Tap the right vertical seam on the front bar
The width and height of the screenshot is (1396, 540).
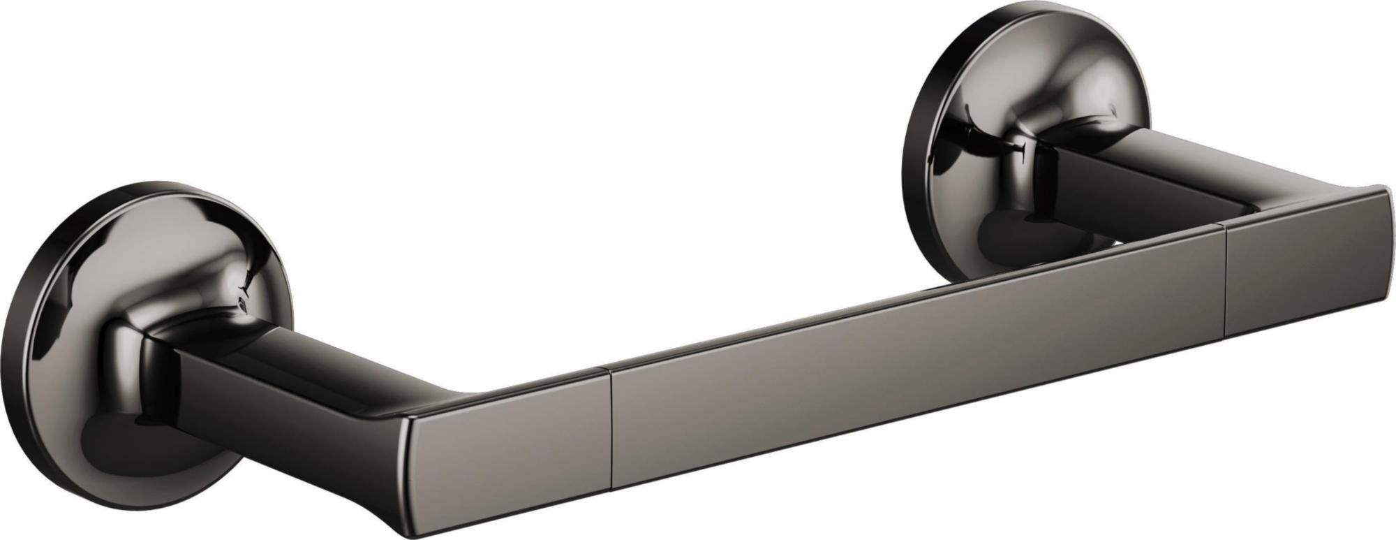point(1225,279)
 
